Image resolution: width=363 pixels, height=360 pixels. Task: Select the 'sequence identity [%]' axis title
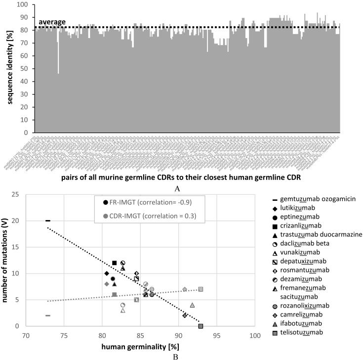pyautogui.click(x=10, y=69)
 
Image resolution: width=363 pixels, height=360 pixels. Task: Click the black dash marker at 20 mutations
pyautogui.click(x=48, y=221)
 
